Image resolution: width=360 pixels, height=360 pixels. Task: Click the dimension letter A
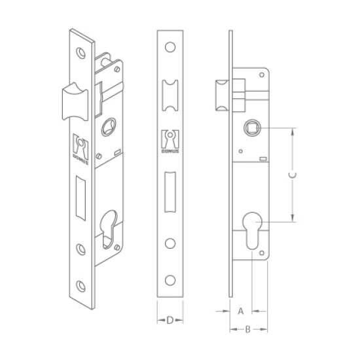tap(241, 311)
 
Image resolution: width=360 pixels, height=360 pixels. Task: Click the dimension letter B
tap(247, 329)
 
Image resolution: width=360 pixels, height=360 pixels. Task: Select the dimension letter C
tap(293, 175)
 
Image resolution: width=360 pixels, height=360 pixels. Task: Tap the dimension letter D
tap(170, 320)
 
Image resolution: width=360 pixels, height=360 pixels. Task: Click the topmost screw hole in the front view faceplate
tap(170, 47)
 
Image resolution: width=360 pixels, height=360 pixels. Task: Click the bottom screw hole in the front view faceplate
tap(170, 280)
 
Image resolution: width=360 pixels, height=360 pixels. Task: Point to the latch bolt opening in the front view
tap(170, 96)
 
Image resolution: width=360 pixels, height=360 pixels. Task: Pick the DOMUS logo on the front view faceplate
tap(170, 141)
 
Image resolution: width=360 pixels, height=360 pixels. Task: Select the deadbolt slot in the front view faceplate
tap(170, 192)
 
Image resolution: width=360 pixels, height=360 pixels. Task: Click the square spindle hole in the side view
tap(252, 128)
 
